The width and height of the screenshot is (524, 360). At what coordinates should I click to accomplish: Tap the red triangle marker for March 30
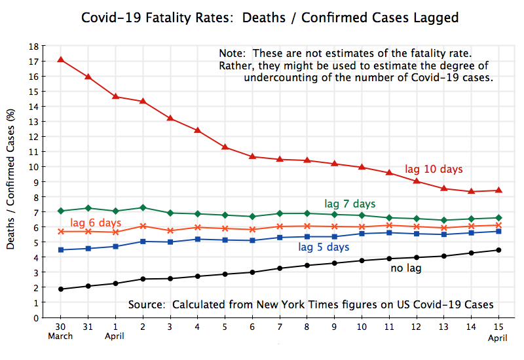point(61,60)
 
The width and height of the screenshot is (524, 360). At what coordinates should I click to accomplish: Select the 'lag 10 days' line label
point(434,170)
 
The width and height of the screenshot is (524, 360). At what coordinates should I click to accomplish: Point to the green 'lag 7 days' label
point(350,204)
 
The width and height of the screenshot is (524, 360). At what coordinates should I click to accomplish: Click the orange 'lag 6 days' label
point(96,223)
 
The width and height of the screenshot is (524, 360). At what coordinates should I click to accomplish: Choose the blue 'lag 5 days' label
point(324,247)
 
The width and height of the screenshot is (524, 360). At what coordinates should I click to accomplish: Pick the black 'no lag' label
point(406,268)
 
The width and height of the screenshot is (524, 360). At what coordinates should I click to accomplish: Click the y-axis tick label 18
point(33,46)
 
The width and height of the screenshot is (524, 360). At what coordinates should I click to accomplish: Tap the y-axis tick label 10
point(33,167)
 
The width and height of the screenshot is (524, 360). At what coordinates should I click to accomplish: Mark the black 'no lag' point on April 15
point(498,250)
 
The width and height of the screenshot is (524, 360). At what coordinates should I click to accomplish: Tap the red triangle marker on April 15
point(498,190)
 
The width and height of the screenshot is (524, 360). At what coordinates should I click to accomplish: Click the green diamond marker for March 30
point(61,211)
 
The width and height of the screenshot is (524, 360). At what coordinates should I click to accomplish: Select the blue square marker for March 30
point(61,250)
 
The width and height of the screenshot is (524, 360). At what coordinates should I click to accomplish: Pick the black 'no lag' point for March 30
point(61,289)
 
